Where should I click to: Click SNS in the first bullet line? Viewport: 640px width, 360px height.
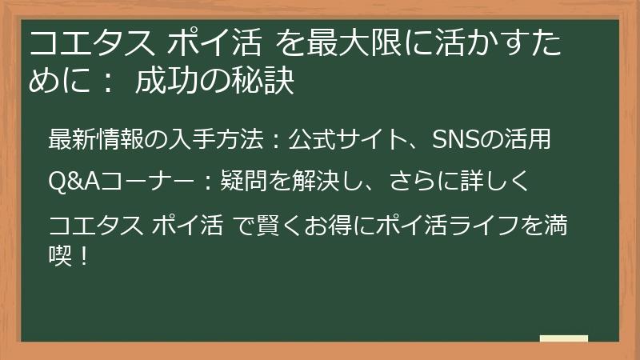pos(454,139)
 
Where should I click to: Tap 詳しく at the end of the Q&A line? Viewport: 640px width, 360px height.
pos(496,181)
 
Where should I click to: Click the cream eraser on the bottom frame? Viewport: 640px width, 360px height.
pos(564,338)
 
